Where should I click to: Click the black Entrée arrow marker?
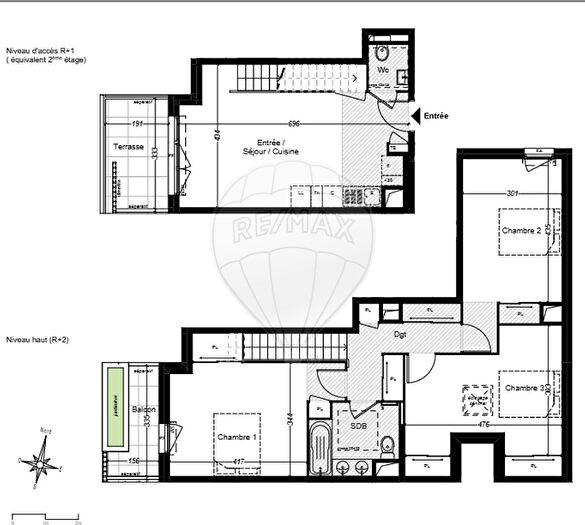(415, 116)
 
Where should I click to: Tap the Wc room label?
(382, 70)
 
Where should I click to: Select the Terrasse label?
(128, 147)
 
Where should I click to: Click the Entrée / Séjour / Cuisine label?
(269, 146)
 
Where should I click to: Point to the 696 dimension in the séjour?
(295, 124)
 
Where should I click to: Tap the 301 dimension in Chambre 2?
(512, 193)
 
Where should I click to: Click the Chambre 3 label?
(523, 387)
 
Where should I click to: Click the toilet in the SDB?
(386, 445)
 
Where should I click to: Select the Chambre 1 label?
(235, 436)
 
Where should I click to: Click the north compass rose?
(43, 464)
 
